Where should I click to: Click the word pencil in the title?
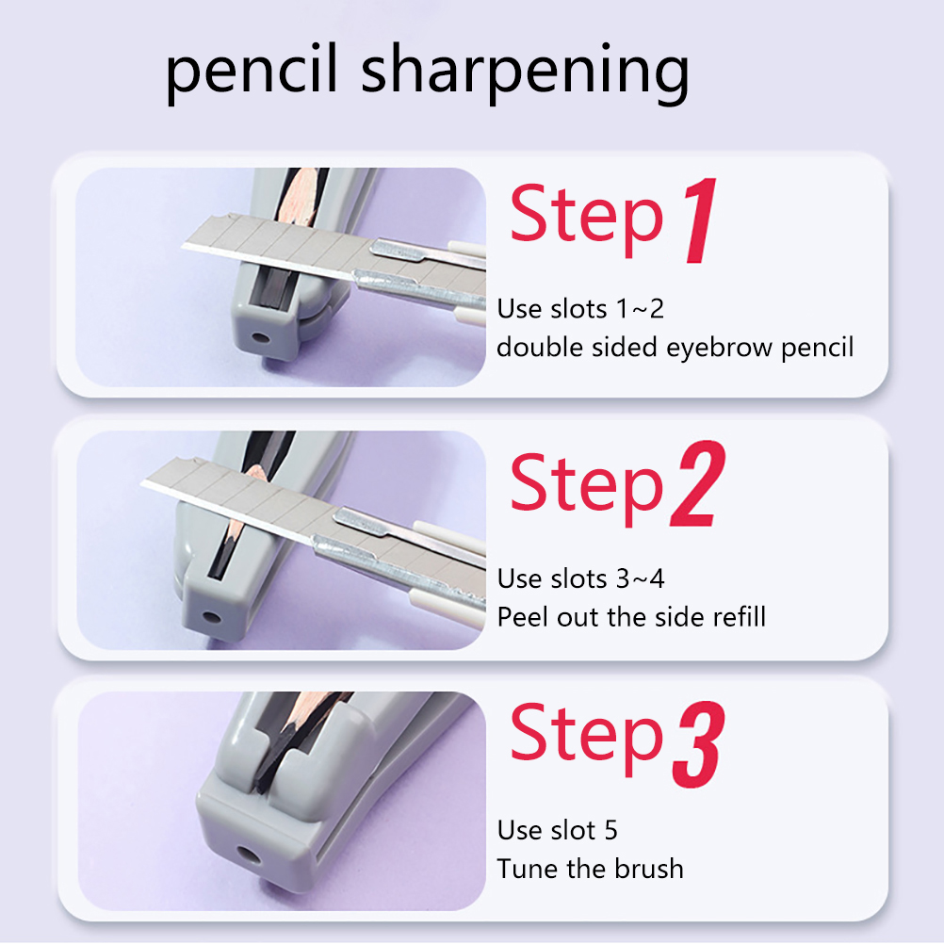point(251,73)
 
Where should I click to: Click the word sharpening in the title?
point(525,73)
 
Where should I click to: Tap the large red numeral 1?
point(700,220)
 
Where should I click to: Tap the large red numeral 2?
point(698,484)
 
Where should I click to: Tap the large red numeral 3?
point(699,744)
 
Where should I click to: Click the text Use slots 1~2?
point(580,309)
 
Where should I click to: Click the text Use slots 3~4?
point(580,579)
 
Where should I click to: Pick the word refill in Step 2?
point(739,617)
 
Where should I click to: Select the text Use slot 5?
point(557,831)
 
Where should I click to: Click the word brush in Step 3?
point(649,869)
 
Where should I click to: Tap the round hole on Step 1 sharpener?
point(261,337)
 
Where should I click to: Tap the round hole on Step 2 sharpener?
point(211,618)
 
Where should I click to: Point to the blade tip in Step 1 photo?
point(183,246)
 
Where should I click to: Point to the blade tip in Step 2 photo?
point(142,482)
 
